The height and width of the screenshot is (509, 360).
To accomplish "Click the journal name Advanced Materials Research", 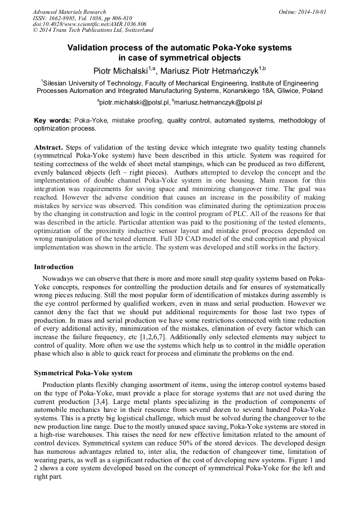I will click(69, 11).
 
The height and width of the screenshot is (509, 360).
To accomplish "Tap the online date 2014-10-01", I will click(313, 11).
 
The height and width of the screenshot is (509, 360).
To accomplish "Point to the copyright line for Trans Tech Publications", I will click(92, 30).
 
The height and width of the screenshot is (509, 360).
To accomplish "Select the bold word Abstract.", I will click(49, 146).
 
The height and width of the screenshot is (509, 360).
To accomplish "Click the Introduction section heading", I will click(54, 266).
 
